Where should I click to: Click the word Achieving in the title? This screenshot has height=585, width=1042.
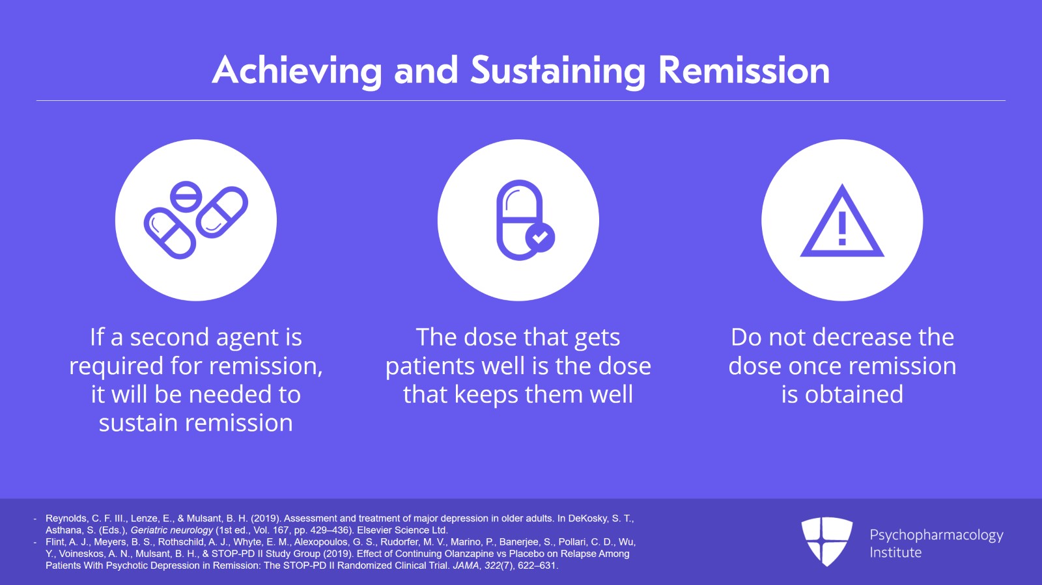(296, 70)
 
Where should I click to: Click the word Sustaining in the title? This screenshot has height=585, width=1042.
(557, 70)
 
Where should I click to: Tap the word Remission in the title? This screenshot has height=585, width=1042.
(744, 70)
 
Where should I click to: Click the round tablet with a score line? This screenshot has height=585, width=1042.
(186, 196)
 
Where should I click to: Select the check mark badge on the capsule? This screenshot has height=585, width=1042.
(540, 238)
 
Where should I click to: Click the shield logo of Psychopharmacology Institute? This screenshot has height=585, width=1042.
(826, 541)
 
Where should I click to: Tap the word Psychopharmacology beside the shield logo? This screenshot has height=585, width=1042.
(936, 535)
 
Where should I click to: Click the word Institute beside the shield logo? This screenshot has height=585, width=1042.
(895, 552)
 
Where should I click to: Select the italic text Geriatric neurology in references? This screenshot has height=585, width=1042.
(172, 530)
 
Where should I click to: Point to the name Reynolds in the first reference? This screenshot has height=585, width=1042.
(66, 519)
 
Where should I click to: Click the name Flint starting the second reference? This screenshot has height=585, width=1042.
(55, 542)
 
